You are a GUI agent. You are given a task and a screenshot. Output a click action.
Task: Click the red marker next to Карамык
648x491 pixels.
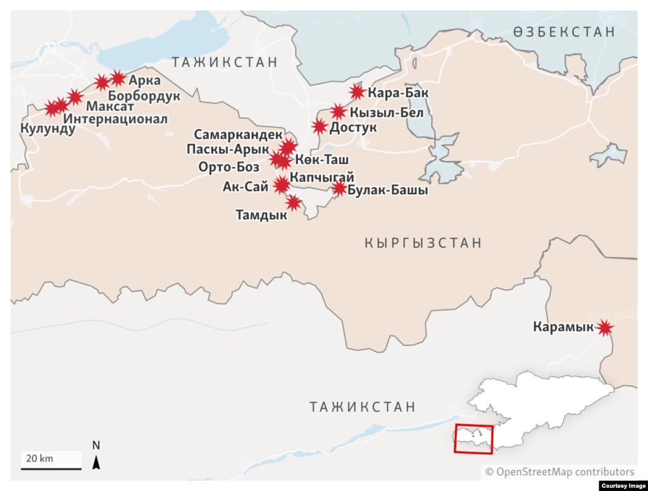[x=606, y=327]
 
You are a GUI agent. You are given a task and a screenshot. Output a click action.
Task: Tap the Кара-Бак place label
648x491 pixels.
[x=398, y=94]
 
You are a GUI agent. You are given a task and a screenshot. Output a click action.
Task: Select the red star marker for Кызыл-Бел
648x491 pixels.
[x=339, y=112]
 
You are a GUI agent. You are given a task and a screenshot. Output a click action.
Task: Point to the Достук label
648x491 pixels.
[x=353, y=127]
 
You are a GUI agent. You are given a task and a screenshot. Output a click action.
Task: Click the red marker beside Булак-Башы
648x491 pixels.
[x=339, y=189]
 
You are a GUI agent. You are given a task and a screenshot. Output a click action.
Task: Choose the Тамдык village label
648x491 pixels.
[x=261, y=215]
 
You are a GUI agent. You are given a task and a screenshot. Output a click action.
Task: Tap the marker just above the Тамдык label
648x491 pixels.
[x=293, y=202]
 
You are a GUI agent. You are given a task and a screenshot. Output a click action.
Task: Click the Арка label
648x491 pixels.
[x=145, y=80]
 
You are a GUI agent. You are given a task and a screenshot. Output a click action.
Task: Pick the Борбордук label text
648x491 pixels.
[x=144, y=96]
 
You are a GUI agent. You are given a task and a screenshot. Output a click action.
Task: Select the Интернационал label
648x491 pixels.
[x=116, y=118]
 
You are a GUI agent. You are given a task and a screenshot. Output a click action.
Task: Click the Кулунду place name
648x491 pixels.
[x=47, y=129]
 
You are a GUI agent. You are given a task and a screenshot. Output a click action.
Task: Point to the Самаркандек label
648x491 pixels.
[x=238, y=135]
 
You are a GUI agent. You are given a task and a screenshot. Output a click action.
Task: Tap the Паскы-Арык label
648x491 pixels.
[x=228, y=149]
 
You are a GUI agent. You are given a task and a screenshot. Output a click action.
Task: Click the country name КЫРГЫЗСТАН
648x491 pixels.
[x=423, y=243]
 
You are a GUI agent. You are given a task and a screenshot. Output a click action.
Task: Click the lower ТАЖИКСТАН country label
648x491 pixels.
[x=363, y=407]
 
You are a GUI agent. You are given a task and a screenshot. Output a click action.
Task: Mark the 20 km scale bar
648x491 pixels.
[x=51, y=468]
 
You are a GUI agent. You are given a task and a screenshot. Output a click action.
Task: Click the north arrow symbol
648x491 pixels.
[x=96, y=463]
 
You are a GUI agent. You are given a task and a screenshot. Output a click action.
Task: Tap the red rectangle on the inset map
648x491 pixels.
[x=473, y=438]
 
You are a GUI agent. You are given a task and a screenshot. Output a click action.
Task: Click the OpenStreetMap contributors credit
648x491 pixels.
[x=559, y=471]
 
